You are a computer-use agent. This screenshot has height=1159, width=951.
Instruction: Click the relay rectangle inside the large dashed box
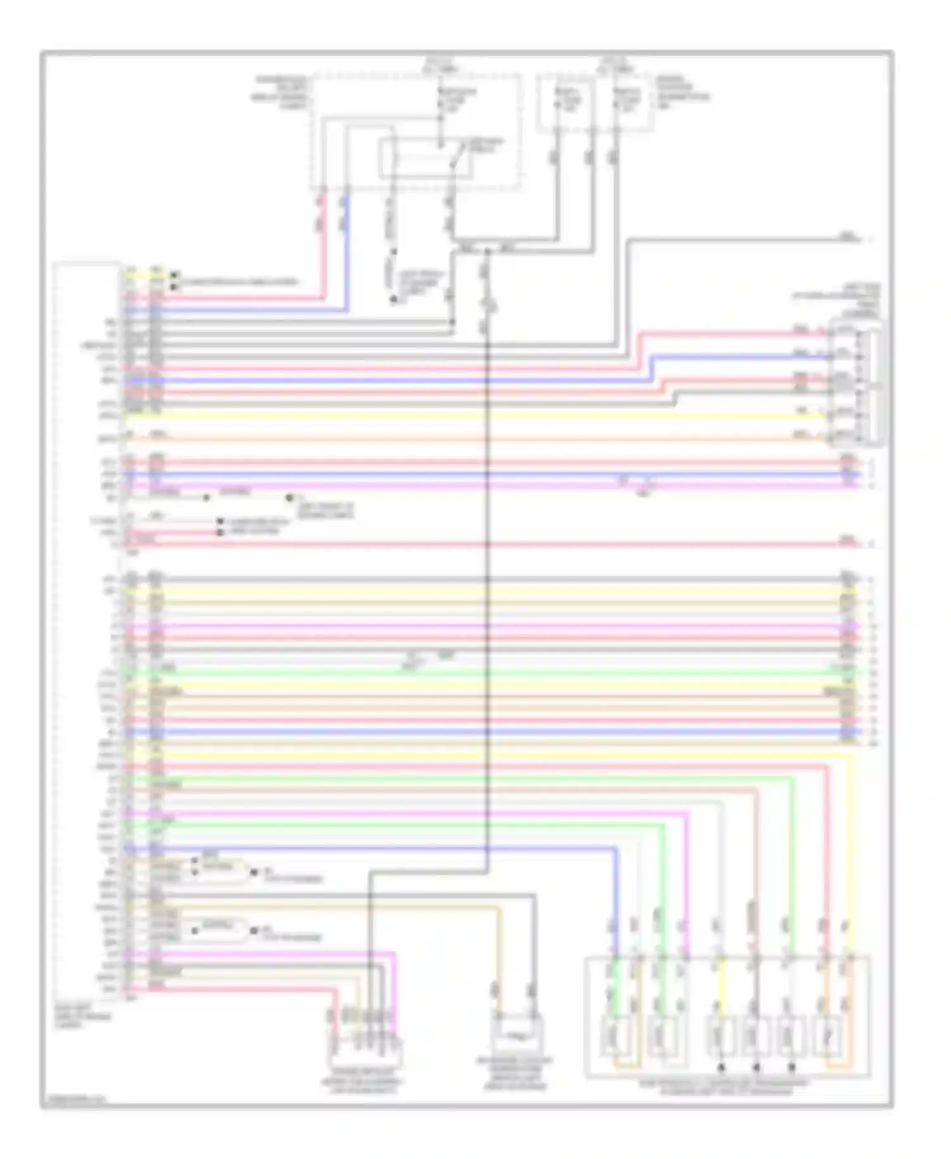point(425,159)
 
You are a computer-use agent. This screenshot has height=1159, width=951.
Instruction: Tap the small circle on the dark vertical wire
point(489,308)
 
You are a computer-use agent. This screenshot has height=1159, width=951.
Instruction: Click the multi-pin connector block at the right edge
point(856,384)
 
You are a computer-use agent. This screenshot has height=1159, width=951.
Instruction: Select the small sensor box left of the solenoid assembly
point(519,1037)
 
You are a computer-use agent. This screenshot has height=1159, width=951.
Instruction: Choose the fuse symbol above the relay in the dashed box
point(441,101)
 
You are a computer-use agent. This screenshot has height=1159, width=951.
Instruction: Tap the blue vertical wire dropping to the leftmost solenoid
point(615,900)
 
